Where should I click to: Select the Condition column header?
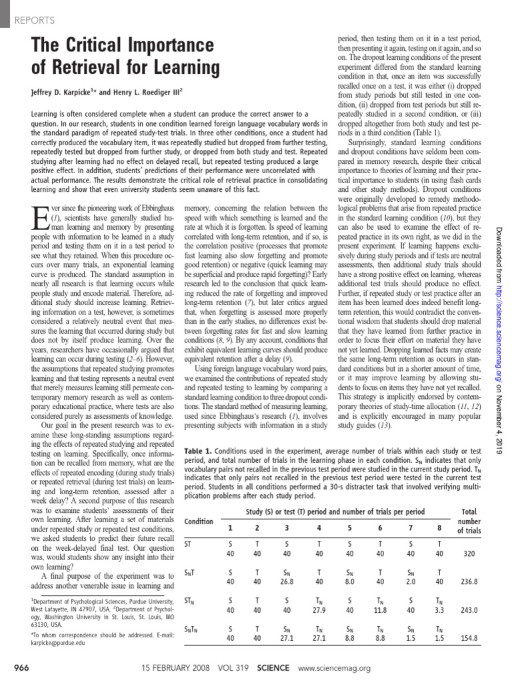point(199,521)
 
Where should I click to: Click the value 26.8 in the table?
point(287,581)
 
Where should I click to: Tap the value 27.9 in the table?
point(319,609)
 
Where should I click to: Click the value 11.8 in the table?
point(380,609)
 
